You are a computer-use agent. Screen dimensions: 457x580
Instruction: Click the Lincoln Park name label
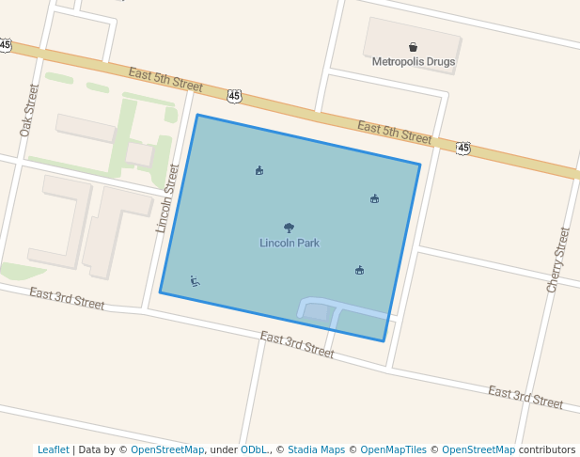point(290,244)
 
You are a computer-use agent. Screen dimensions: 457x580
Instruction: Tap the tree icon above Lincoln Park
point(289,228)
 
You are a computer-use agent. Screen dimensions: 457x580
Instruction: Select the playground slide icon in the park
point(195,280)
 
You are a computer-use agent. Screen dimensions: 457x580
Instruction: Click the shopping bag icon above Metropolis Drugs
point(413,47)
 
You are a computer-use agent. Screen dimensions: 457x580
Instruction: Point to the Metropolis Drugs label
point(413,63)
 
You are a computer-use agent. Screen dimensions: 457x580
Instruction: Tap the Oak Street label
point(28,110)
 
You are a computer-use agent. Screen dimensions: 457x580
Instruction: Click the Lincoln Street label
point(167,197)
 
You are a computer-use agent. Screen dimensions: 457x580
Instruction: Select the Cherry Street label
point(557,260)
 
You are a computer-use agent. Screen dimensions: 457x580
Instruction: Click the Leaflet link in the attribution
point(53,449)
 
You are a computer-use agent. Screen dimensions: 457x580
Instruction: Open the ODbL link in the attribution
point(253,449)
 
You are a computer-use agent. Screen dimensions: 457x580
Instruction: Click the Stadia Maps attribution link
point(316,449)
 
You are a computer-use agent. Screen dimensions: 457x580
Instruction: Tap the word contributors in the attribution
point(546,449)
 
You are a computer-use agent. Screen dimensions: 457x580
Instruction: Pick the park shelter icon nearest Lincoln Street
point(259,170)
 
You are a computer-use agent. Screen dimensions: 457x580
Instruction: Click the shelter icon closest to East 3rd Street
point(359,271)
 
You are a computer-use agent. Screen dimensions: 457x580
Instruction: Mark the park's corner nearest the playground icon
point(161,292)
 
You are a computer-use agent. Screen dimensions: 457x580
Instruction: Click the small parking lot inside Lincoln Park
point(316,310)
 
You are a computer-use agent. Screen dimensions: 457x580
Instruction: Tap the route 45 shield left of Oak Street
point(6,44)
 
